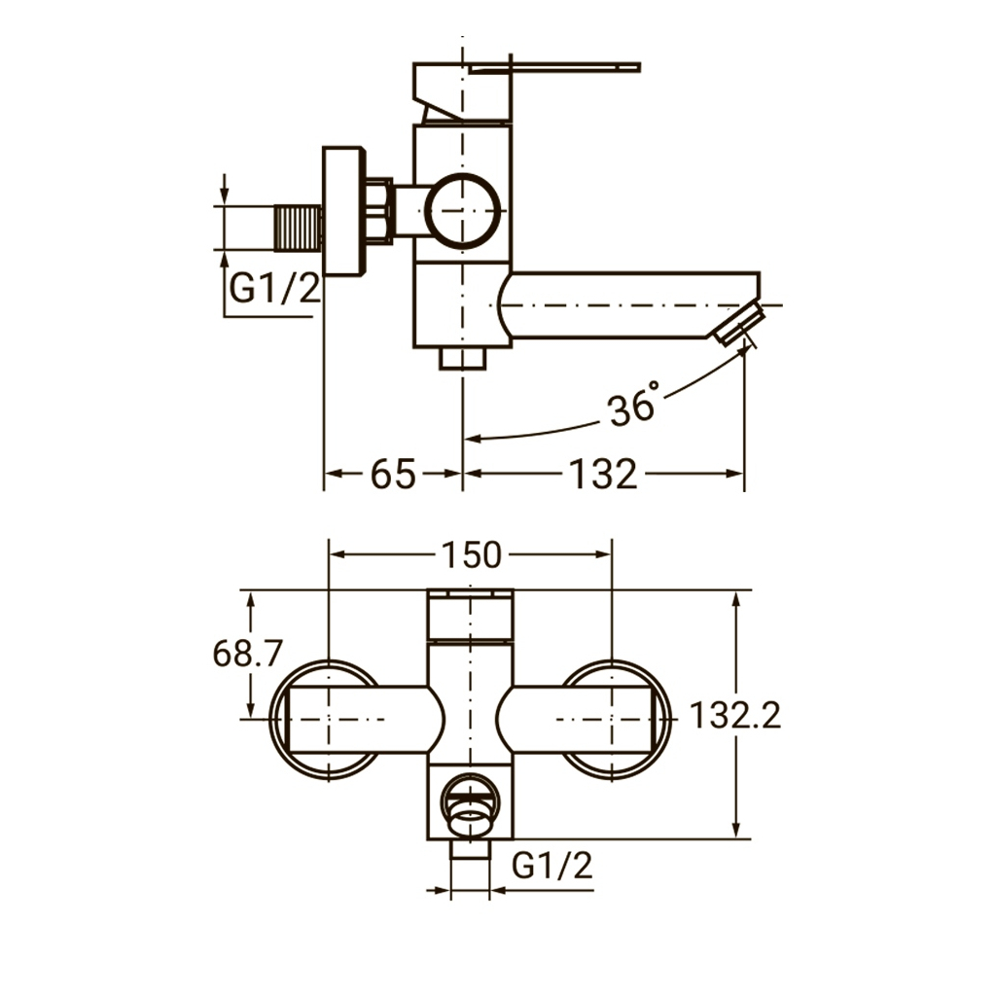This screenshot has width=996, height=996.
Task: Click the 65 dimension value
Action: pos(393,474)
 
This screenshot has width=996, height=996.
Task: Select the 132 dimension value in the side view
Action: pos(603,474)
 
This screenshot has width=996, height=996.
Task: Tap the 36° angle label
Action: pos(632,405)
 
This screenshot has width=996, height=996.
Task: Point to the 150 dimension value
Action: pos(472,554)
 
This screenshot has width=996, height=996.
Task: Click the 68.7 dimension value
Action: pos(248,653)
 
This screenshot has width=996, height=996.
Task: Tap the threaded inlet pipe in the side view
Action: pos(298,228)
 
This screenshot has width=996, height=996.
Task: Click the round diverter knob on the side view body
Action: pos(462,210)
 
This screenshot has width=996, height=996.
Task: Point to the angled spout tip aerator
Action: pos(737,324)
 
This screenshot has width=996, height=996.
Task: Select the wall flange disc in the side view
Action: pos(344,211)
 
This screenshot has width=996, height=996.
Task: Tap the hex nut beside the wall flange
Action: pos(380,209)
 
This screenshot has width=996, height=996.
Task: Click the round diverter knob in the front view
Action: pos(471,804)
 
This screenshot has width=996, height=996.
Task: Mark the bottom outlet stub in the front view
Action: pos(470,849)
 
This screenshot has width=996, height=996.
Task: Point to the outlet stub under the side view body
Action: pos(462,358)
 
